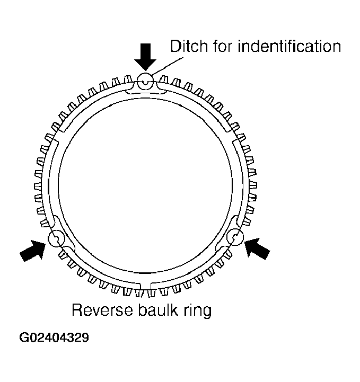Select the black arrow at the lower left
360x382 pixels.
pyautogui.click(x=33, y=250)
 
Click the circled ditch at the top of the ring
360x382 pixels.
pyautogui.click(x=145, y=81)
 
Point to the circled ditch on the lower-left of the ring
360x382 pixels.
pyautogui.click(x=55, y=239)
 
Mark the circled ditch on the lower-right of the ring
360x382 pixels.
pyautogui.click(x=234, y=238)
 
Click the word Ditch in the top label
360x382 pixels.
pyautogui.click(x=187, y=46)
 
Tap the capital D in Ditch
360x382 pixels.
pyautogui.click(x=174, y=46)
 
